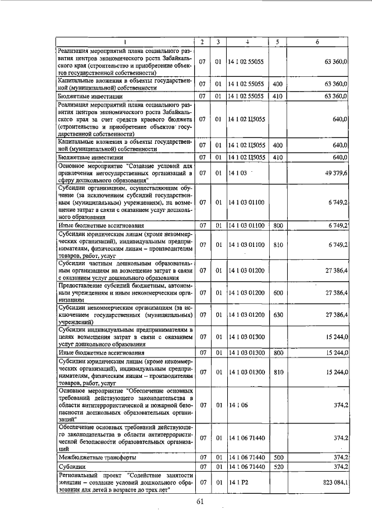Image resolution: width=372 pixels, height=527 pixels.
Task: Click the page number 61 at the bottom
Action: pos(201,503)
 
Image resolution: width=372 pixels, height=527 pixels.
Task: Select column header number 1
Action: pos(124,42)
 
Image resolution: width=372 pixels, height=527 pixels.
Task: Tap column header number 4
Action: pos(246,42)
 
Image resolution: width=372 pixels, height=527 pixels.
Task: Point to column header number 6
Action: pos(317,42)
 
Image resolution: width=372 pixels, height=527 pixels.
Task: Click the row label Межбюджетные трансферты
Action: pos(89,458)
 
